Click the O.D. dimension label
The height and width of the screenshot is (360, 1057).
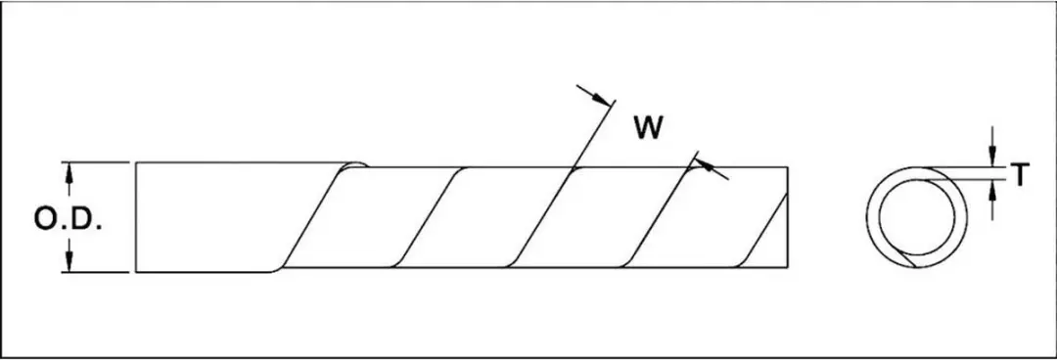click(x=69, y=219)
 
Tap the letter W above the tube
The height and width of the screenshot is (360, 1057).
click(x=648, y=128)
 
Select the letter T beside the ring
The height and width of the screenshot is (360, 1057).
click(x=1020, y=175)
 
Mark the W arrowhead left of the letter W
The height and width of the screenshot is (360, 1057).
click(x=603, y=100)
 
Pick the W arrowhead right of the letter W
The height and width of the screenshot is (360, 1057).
click(x=704, y=163)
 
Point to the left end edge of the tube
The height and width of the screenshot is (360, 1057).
click(x=136, y=217)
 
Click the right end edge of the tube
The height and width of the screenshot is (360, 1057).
click(x=787, y=217)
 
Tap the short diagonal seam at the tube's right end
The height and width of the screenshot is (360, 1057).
click(x=764, y=230)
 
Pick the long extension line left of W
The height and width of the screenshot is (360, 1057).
click(x=592, y=135)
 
